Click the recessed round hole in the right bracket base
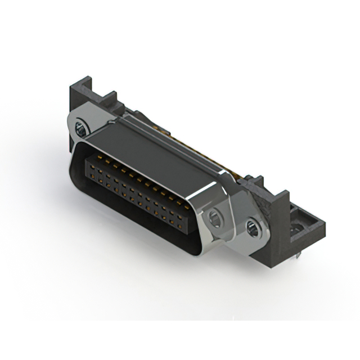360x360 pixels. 295,228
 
